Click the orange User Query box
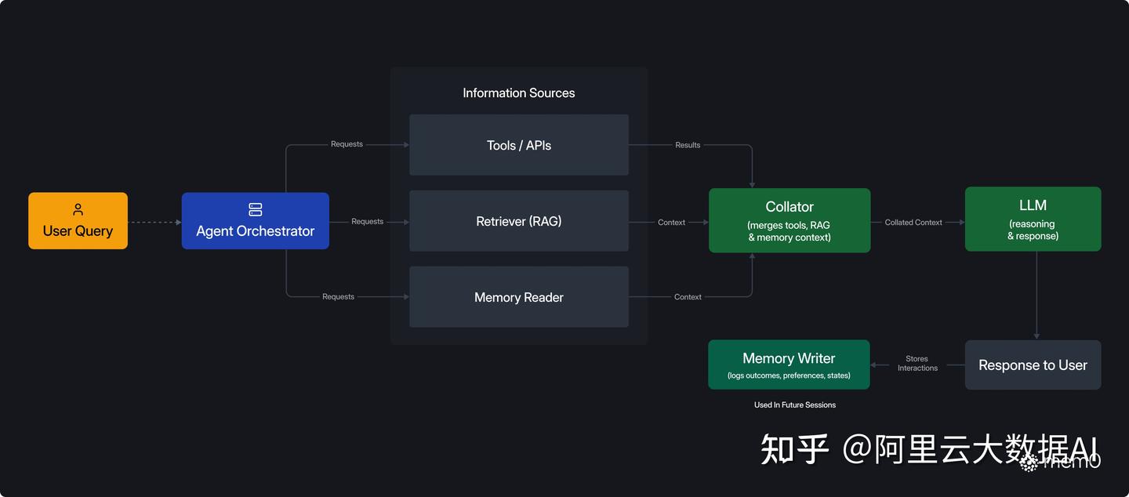click(x=78, y=221)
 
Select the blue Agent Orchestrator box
click(x=255, y=221)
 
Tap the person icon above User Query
click(x=78, y=209)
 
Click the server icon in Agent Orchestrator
click(x=255, y=209)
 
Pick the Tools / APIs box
click(x=518, y=145)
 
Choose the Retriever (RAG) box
click(x=518, y=221)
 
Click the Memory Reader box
click(x=518, y=297)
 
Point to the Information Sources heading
click(x=518, y=93)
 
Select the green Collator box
click(x=789, y=220)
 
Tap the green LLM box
click(x=1033, y=219)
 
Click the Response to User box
click(x=1033, y=365)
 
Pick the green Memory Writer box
click(x=789, y=365)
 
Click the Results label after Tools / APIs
click(x=688, y=145)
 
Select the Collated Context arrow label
click(x=913, y=223)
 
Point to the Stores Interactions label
click(x=917, y=364)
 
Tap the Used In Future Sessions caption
click(x=795, y=404)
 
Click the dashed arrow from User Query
click(x=154, y=223)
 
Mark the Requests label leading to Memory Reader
click(x=338, y=296)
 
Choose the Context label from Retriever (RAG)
click(x=671, y=223)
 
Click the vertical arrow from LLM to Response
click(x=1036, y=295)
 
